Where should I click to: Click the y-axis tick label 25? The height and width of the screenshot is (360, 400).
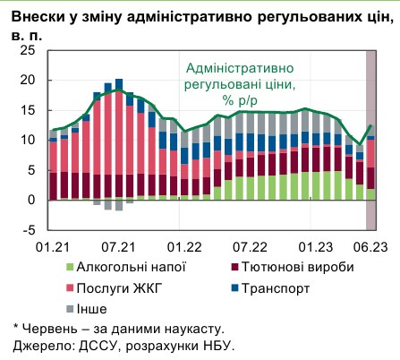pos(26,50)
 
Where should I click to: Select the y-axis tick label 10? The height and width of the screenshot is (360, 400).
pos(26,141)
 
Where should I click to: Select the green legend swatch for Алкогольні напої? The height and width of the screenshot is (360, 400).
pos(72,266)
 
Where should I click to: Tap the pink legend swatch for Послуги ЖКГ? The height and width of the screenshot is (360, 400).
pos(72,287)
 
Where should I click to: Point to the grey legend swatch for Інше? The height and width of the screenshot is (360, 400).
pos(72,309)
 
